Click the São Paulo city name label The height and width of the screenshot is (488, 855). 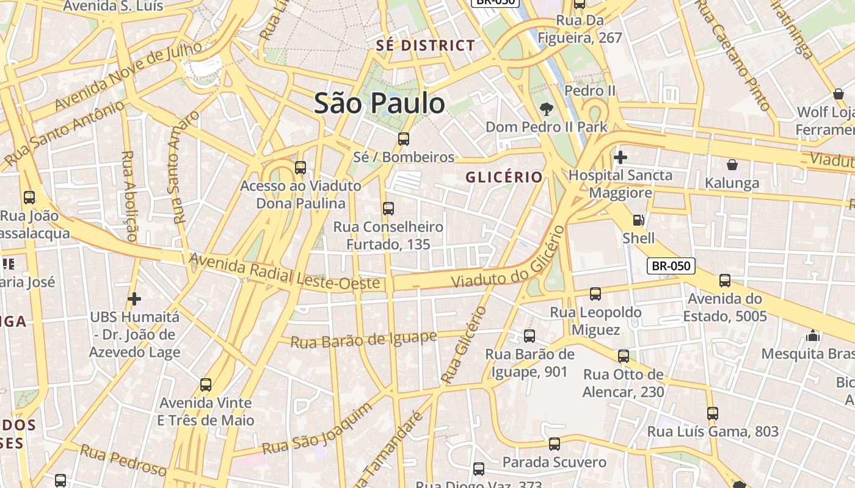tap(379, 103)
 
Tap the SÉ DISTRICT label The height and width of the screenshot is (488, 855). tap(426, 45)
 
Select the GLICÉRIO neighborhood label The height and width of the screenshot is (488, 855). tap(504, 177)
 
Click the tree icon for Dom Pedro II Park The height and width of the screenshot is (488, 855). tap(546, 109)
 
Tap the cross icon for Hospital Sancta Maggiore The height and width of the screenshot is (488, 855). tap(620, 157)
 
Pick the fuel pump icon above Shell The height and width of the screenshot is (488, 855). tap(638, 220)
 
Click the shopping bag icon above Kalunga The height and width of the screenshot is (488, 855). tap(732, 165)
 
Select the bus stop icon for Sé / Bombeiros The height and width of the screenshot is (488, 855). tap(404, 139)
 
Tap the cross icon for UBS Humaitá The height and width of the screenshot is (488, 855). tap(134, 299)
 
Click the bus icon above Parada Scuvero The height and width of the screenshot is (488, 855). tap(554, 444)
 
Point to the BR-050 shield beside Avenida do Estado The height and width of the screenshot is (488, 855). tap(671, 265)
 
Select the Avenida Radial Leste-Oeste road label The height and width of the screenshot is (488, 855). tap(284, 271)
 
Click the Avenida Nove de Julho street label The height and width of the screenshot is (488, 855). tap(128, 76)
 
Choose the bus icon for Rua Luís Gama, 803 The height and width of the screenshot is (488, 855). tap(712, 413)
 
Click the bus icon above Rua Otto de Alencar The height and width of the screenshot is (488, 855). tap(623, 356)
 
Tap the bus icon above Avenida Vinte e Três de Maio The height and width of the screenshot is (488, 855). tap(206, 385)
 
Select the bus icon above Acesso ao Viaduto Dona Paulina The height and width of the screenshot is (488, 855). tap(300, 168)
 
